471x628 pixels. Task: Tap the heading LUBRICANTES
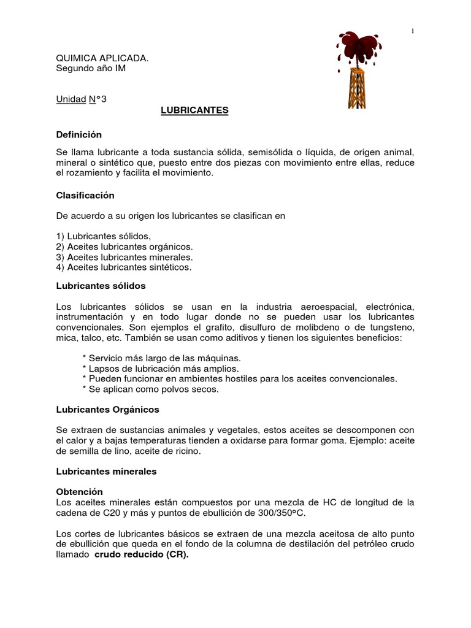[194, 110]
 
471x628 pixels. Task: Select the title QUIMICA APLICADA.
[102, 58]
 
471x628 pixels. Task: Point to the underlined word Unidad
[71, 99]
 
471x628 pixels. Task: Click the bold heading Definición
[78, 134]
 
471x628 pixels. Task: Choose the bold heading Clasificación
[85, 195]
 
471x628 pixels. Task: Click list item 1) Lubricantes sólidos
[103, 236]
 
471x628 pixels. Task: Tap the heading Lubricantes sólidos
[101, 286]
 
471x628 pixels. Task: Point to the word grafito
[194, 327]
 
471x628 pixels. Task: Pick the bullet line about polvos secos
[150, 389]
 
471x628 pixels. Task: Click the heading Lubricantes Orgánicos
[107, 408]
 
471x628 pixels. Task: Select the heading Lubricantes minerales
[106, 471]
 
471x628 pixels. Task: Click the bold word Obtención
[79, 492]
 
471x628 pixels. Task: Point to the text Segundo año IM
[91, 68]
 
